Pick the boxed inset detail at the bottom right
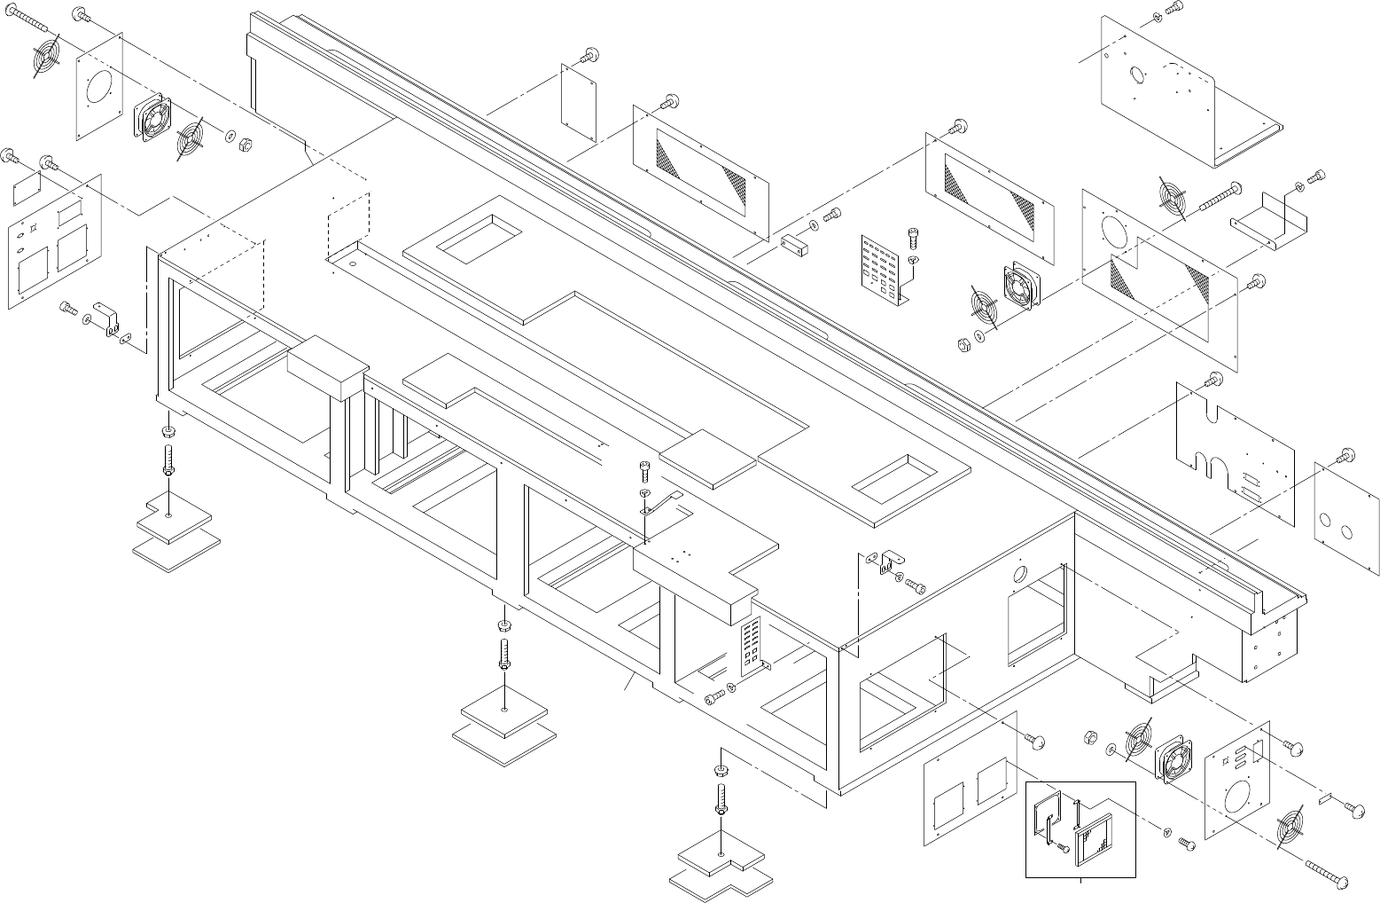tap(1080, 829)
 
